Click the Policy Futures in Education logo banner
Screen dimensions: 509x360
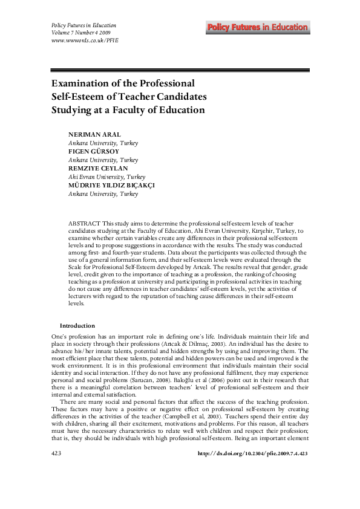(257, 27)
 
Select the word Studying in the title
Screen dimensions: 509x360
(73, 110)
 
